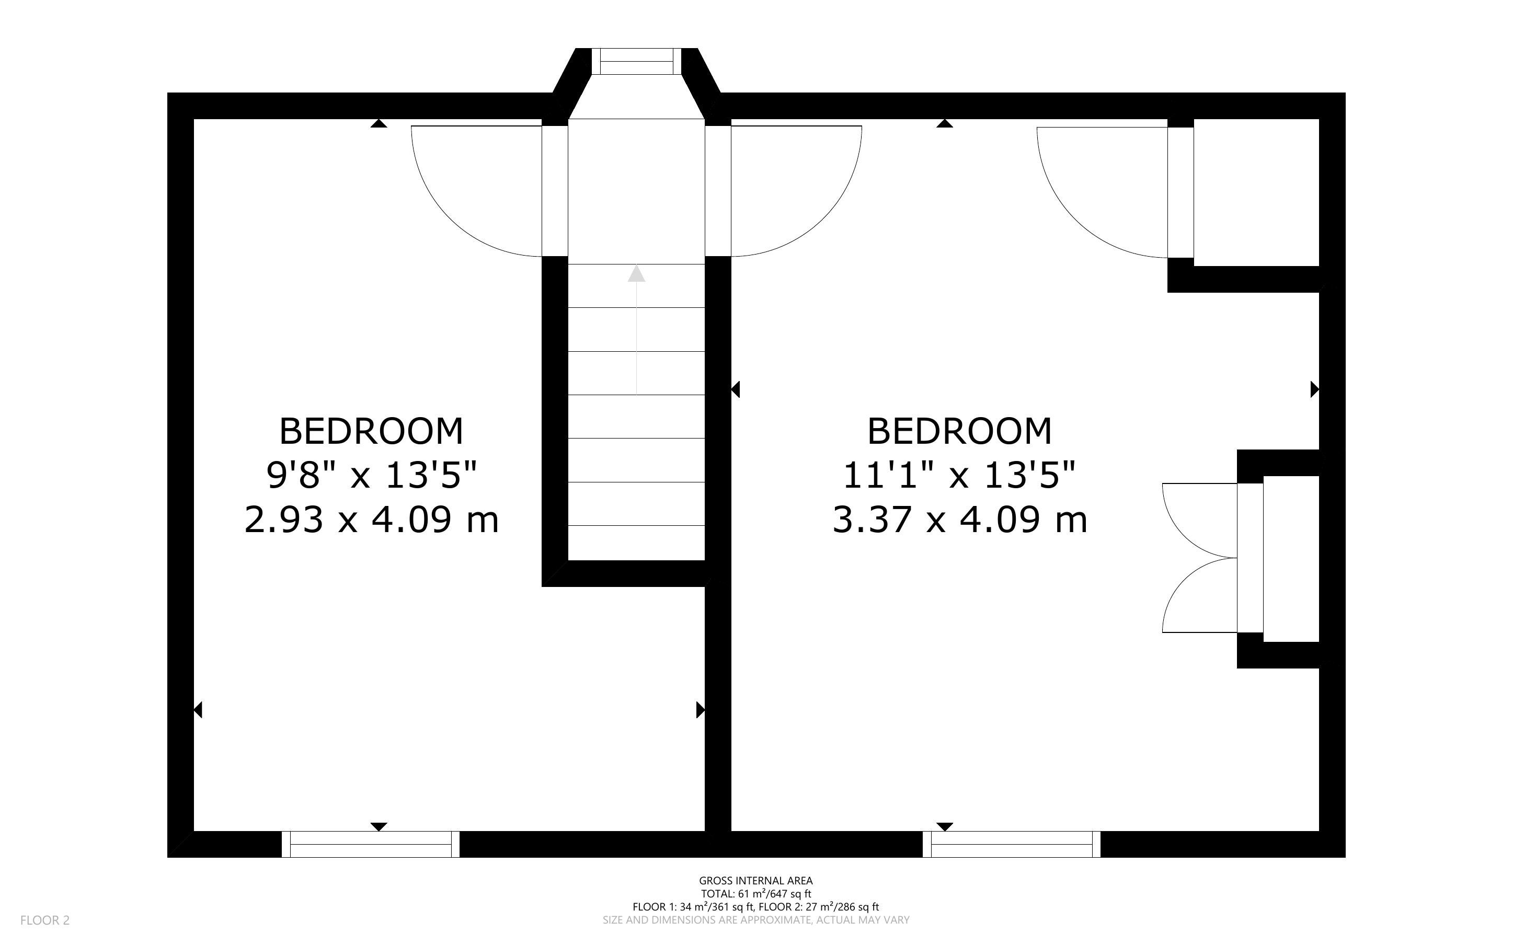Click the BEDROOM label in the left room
pyautogui.click(x=371, y=431)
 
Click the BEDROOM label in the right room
pyautogui.click(x=959, y=431)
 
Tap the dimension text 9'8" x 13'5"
pyautogui.click(x=372, y=475)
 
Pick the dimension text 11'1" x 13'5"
pyautogui.click(x=959, y=475)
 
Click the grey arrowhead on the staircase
pyautogui.click(x=636, y=273)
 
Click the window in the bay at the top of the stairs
pyautogui.click(x=636, y=61)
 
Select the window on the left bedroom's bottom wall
pyautogui.click(x=371, y=844)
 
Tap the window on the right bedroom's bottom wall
pyautogui.click(x=1011, y=844)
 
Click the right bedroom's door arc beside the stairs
pyautogui.click(x=824, y=219)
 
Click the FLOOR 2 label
pyautogui.click(x=45, y=920)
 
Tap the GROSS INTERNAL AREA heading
pyautogui.click(x=755, y=881)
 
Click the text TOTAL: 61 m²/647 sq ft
pyautogui.click(x=755, y=894)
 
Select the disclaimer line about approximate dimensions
pyautogui.click(x=755, y=920)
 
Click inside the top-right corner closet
pyautogui.click(x=1256, y=192)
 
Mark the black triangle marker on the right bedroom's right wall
pyautogui.click(x=1315, y=389)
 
